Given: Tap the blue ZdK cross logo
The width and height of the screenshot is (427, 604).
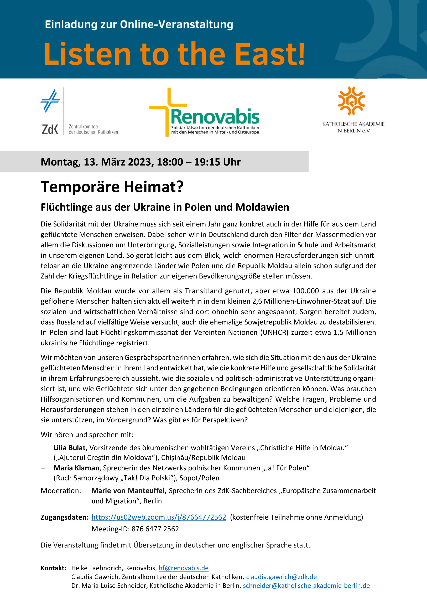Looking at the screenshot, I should click(50, 101).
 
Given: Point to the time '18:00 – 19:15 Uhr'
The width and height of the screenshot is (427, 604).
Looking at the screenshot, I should click(199, 162).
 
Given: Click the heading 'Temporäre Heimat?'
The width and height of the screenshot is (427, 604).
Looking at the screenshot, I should click(112, 187).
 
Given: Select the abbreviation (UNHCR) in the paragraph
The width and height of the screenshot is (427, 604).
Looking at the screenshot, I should click(274, 333).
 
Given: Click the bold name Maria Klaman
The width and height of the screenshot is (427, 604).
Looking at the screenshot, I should click(76, 468).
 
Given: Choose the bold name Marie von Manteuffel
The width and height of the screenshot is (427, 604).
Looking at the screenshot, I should click(128, 491).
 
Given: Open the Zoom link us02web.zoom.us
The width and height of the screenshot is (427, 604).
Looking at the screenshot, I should click(159, 517).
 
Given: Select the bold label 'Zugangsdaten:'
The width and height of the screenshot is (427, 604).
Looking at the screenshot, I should click(64, 517).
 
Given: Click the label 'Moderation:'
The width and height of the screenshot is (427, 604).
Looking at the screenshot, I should click(61, 491).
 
